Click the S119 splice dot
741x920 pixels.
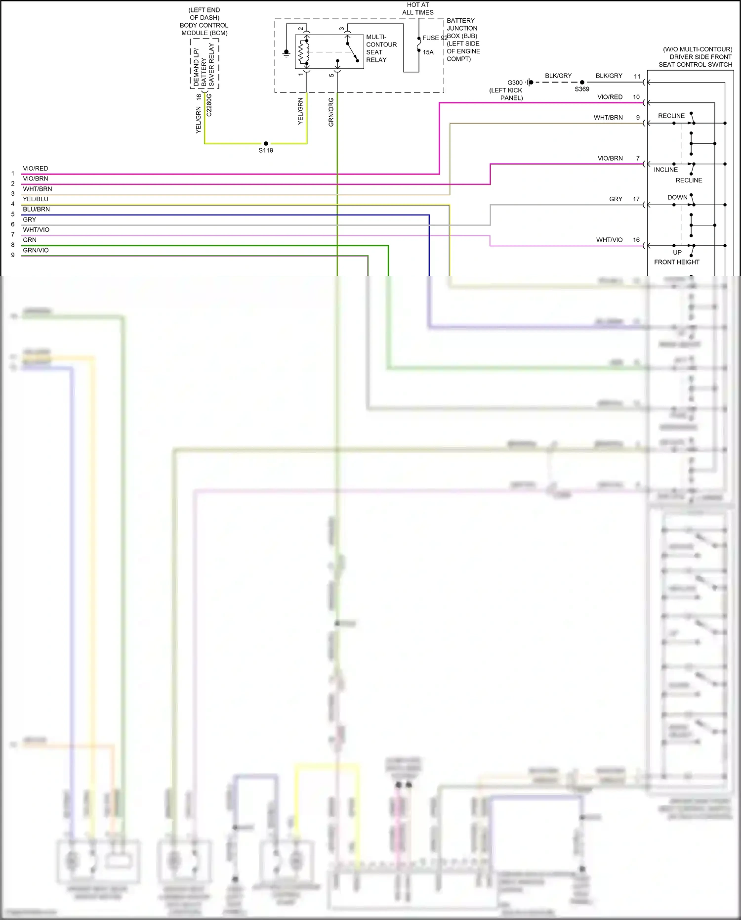[x=266, y=143]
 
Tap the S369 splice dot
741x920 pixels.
[x=582, y=83]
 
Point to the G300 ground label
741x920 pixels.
[x=515, y=83]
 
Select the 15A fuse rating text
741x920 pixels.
[x=428, y=52]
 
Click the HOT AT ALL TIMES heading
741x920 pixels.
[x=418, y=8]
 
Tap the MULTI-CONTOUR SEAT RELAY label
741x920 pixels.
[x=381, y=48]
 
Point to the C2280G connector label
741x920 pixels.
[x=209, y=105]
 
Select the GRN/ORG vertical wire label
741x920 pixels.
[x=331, y=112]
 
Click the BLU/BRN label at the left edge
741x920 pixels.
[x=36, y=209]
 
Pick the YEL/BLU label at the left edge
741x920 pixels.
[x=36, y=199]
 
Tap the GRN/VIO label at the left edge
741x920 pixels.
[x=36, y=250]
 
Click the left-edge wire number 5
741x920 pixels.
[x=13, y=214]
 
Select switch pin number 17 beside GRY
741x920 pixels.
[x=636, y=199]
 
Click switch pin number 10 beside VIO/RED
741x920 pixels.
[x=636, y=97]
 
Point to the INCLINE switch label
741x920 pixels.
[x=665, y=170]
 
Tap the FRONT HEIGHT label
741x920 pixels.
[x=677, y=262]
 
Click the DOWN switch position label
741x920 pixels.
[x=677, y=197]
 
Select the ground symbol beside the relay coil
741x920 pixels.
[x=286, y=53]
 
